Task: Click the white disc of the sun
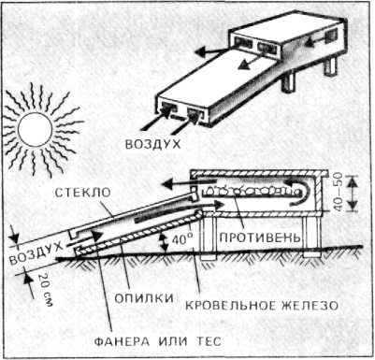click(35, 130)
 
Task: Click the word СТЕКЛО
click(82, 193)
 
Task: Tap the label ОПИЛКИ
click(144, 298)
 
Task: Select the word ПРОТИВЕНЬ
click(260, 238)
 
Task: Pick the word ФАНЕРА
click(122, 341)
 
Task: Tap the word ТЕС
click(209, 341)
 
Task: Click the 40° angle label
click(182, 240)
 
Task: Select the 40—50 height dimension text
click(339, 192)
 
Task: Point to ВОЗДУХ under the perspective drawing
click(152, 144)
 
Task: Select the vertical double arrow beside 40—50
click(353, 194)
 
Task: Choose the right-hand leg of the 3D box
click(330, 66)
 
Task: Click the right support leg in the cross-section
click(311, 237)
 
